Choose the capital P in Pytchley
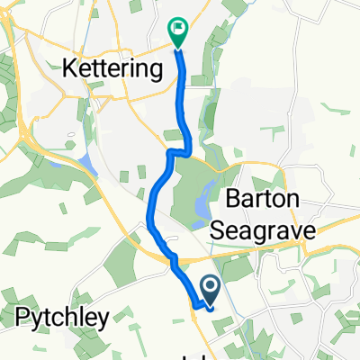click(22, 316)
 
